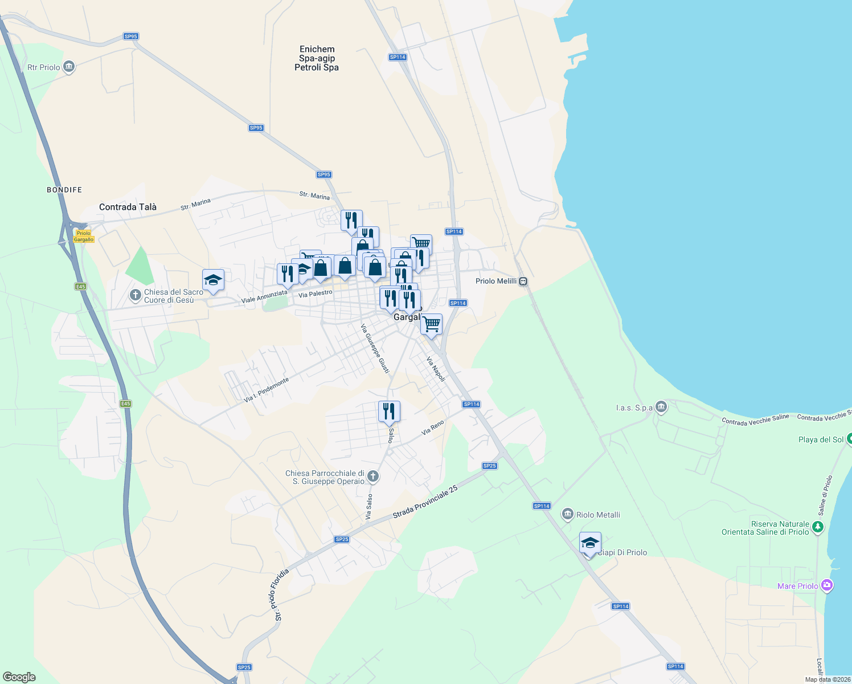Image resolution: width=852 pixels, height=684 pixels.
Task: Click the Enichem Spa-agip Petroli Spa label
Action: click(317, 58)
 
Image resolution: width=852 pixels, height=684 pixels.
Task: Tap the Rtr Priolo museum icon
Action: click(69, 67)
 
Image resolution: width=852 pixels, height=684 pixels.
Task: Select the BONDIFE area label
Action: click(64, 190)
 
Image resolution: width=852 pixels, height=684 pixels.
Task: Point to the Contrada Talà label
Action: click(128, 207)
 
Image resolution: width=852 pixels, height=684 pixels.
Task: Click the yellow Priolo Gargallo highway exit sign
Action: click(84, 236)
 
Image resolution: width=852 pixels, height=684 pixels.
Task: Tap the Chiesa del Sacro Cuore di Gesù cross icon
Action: click(136, 295)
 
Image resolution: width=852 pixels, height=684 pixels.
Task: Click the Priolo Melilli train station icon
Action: click(523, 281)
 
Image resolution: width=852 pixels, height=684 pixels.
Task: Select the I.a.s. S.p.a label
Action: click(634, 408)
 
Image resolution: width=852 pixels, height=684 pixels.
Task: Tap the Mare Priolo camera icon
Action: click(828, 585)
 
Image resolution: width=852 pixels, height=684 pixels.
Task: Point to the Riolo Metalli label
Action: click(598, 515)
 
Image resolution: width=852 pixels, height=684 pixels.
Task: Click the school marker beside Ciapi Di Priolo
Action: click(590, 543)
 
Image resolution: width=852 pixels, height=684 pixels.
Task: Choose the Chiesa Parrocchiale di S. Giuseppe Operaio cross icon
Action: click(373, 476)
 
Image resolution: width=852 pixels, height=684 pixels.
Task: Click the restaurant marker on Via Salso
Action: click(389, 412)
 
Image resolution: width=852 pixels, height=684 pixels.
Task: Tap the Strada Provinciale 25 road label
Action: click(425, 502)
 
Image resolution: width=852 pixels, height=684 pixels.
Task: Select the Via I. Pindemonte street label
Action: click(267, 390)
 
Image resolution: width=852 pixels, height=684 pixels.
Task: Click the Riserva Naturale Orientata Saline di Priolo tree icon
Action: click(818, 527)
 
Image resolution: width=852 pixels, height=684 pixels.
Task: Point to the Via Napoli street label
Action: click(436, 369)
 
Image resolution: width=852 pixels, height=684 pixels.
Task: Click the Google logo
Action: click(19, 677)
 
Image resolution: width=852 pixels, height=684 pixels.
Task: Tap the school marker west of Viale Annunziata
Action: click(213, 280)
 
